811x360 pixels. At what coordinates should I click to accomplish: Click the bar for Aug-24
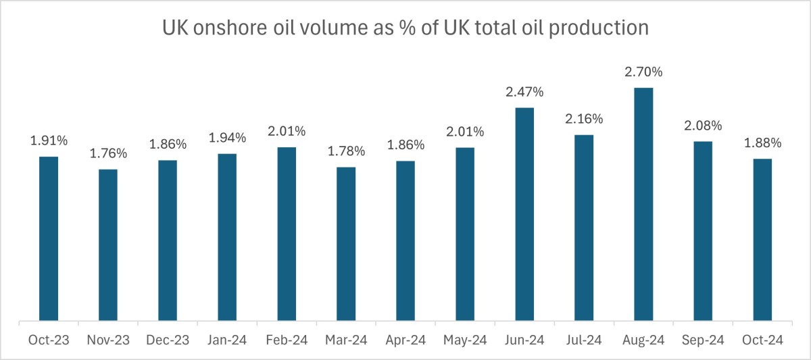click(x=643, y=204)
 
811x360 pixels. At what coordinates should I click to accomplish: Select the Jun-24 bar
click(x=524, y=214)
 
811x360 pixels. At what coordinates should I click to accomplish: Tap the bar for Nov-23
click(x=108, y=245)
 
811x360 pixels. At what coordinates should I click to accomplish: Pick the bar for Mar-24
click(x=346, y=243)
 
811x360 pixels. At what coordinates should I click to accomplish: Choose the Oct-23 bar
click(x=49, y=238)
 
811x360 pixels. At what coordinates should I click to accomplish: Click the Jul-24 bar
click(x=584, y=228)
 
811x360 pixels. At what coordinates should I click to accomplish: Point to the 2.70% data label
click(x=643, y=72)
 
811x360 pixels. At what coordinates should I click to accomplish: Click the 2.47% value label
click(x=524, y=91)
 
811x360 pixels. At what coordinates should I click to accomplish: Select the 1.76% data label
click(x=108, y=153)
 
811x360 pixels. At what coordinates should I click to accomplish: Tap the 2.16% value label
click(x=584, y=119)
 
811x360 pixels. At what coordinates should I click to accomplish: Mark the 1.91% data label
click(x=49, y=140)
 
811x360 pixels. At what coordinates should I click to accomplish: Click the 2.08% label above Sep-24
click(x=703, y=126)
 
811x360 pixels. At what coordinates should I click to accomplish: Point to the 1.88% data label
click(x=762, y=143)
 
